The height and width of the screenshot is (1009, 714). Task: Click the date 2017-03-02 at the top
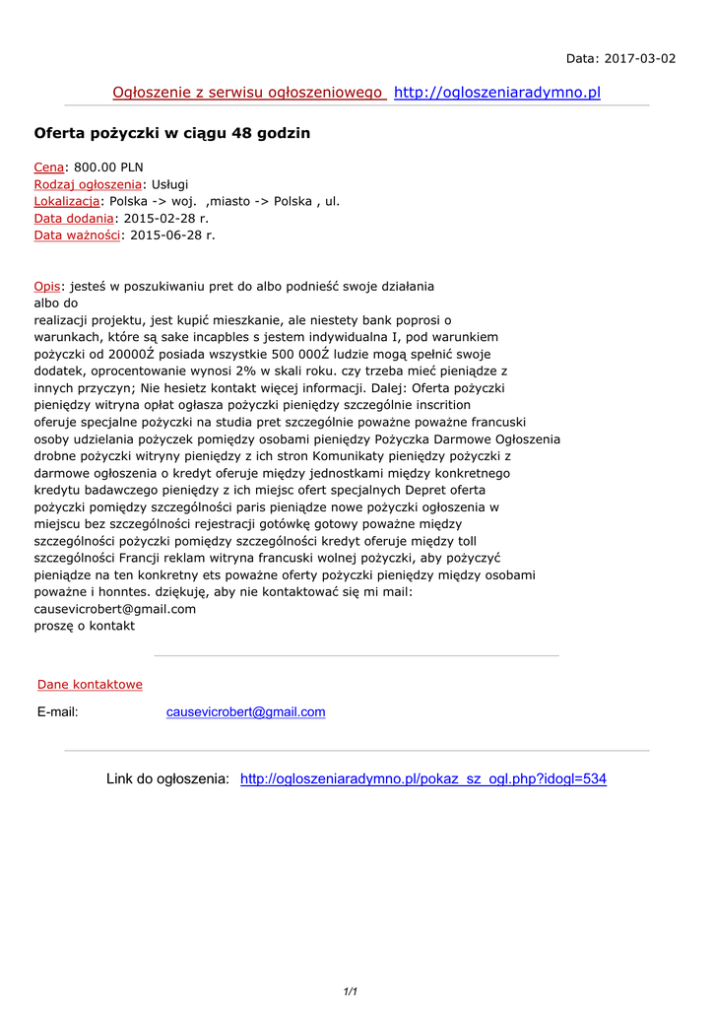click(638, 58)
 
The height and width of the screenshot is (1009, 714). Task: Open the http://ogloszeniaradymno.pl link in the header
click(496, 93)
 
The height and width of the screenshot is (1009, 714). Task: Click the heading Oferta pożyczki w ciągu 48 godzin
click(172, 133)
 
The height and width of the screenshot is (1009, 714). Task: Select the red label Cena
click(49, 168)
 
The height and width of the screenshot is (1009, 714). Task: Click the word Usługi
click(169, 184)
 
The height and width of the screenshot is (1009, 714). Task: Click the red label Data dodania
click(74, 218)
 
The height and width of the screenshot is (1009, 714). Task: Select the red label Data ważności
click(77, 235)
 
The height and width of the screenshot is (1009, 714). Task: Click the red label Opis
click(47, 286)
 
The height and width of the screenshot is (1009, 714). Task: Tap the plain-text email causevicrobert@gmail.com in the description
click(115, 609)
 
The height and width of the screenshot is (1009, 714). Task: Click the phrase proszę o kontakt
click(85, 626)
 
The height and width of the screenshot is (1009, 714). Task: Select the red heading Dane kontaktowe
click(90, 684)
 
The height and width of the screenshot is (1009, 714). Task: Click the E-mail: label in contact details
click(58, 711)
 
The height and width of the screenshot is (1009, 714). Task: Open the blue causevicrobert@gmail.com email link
click(245, 711)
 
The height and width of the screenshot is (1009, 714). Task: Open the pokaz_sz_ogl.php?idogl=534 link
click(423, 779)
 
